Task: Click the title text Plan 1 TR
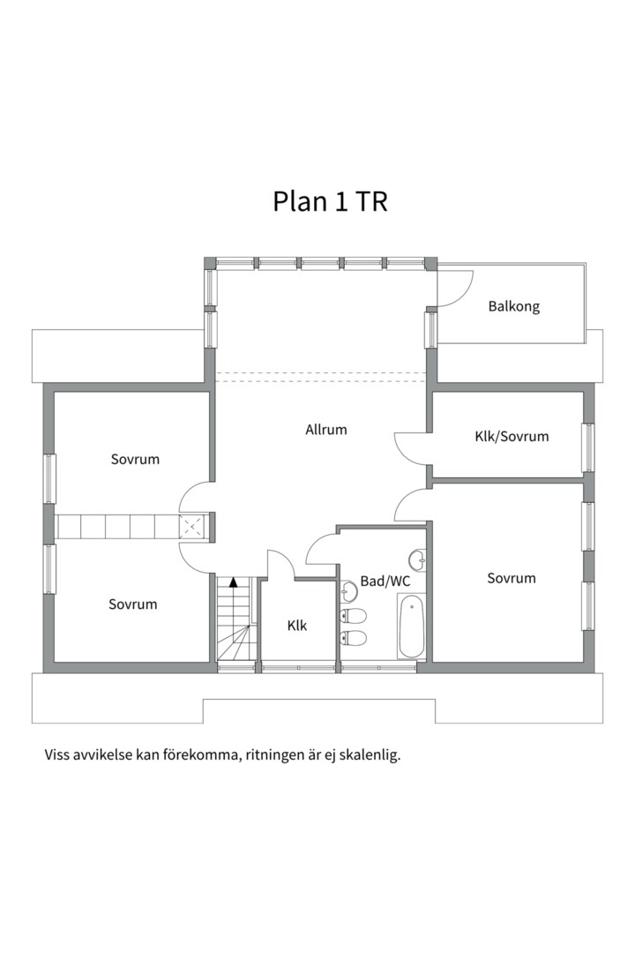pyautogui.click(x=331, y=201)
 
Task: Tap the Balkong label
pyautogui.click(x=513, y=307)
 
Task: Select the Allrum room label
pyautogui.click(x=326, y=430)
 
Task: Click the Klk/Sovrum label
pyautogui.click(x=512, y=436)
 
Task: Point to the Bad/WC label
pyautogui.click(x=385, y=582)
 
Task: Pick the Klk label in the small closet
pyautogui.click(x=296, y=625)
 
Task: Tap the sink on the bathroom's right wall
pyautogui.click(x=417, y=559)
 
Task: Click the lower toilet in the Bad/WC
pyautogui.click(x=353, y=638)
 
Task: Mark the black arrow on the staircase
pyautogui.click(x=233, y=582)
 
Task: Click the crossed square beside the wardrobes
pyautogui.click(x=193, y=527)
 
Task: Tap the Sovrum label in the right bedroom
pyautogui.click(x=512, y=578)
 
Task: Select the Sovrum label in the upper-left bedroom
pyautogui.click(x=135, y=459)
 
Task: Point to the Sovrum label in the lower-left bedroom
pyautogui.click(x=133, y=604)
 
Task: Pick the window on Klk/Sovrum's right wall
pyautogui.click(x=587, y=448)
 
